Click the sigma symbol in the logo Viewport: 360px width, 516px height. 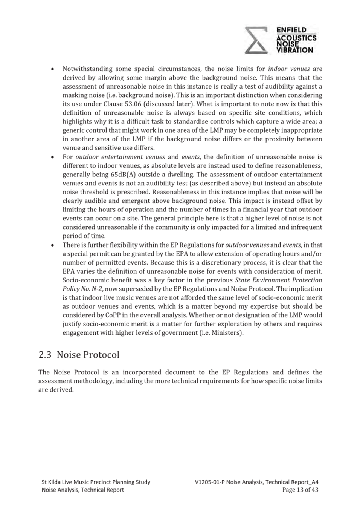(x=256, y=40)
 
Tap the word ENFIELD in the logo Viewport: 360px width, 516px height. (x=291, y=30)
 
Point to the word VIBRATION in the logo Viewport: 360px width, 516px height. (x=294, y=50)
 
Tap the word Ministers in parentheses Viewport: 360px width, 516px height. (x=226, y=333)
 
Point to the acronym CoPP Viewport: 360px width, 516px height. (x=114, y=315)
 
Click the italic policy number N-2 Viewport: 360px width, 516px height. (x=97, y=289)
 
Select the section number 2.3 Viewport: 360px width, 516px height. (x=45, y=355)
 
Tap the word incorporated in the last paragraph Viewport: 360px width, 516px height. (x=142, y=372)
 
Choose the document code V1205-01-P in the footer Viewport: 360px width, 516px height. (x=210, y=482)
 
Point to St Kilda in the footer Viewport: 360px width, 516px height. (x=51, y=482)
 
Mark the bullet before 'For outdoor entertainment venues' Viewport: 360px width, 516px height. (x=53, y=157)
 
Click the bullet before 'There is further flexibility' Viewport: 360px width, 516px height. (x=53, y=245)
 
